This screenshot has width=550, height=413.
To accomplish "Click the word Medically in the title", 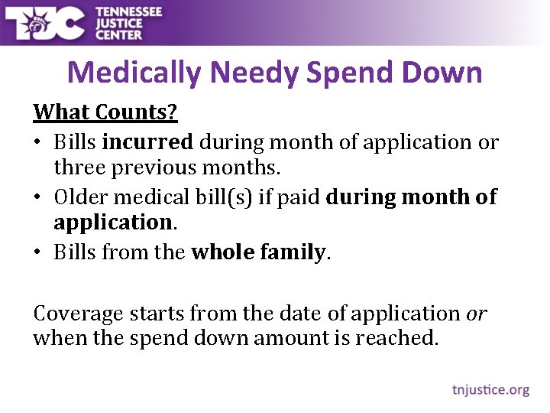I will coord(134,73).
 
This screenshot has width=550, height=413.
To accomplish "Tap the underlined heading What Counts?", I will coord(105,112).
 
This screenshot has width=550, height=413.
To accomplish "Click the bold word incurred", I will coord(147,142).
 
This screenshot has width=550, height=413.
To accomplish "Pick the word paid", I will coord(301,197).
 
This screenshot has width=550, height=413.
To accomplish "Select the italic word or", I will coord(476,314).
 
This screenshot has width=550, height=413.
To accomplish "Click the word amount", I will coord(293,338).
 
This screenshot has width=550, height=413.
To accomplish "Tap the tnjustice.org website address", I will coord(489,390).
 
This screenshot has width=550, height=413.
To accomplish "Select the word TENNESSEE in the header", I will coord(129,11).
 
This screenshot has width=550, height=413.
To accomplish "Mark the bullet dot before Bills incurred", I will coord(38,143).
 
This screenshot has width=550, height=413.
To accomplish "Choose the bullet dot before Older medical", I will coord(38,198).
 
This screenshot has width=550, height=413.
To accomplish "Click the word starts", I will coord(160,314).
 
